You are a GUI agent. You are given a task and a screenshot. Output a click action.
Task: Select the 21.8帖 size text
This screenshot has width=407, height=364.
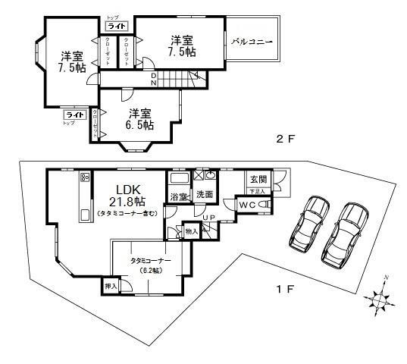click(x=126, y=202)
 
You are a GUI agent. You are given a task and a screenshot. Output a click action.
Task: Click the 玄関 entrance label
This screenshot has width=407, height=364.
click(x=258, y=180)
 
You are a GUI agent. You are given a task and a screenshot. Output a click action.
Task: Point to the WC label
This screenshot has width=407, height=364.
click(x=248, y=206)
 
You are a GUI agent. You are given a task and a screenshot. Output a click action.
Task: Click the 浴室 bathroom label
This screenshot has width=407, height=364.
click(x=179, y=197)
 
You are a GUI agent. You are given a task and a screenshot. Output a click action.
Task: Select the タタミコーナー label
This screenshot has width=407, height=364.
click(x=151, y=260)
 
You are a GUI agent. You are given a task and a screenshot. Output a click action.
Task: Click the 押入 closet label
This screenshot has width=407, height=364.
click(x=110, y=287)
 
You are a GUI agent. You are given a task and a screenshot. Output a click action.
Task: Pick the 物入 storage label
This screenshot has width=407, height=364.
click(x=191, y=231)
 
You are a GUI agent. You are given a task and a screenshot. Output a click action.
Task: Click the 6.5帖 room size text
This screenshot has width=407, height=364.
click(x=141, y=124)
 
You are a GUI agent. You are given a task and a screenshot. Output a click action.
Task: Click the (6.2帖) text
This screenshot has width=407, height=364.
click(x=151, y=270)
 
